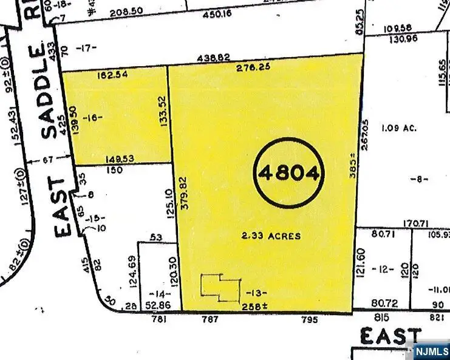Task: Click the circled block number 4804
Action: coord(289,174)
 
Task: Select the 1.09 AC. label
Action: coord(398,128)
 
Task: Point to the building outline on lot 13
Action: coord(220,287)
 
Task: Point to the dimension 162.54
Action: coord(113,77)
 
